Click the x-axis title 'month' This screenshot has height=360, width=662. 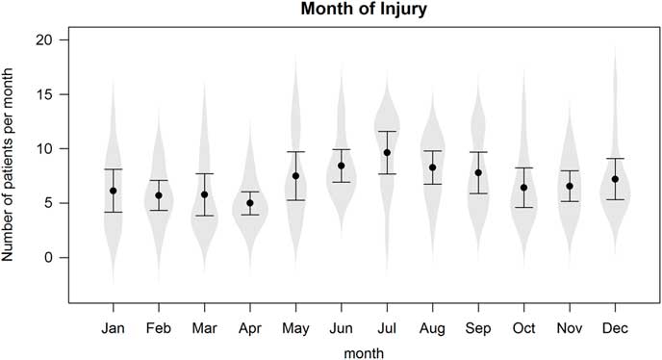pos(364,351)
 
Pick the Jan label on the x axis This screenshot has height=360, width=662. pos(114,328)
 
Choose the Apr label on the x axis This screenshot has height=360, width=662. pos(250,328)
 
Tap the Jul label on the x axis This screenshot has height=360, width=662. pos(387,328)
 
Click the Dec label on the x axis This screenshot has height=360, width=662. pos(615,328)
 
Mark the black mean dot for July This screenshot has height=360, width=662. pos(387,153)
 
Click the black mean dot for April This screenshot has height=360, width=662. pos(250,203)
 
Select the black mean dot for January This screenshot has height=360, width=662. pos(114,191)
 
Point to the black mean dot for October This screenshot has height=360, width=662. pos(523,188)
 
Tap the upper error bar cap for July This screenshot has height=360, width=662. pos(387,132)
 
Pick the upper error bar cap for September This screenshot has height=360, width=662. pos(478,152)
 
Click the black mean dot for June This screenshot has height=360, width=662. pos(342,166)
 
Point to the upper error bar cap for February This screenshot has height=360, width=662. pos(159,180)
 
